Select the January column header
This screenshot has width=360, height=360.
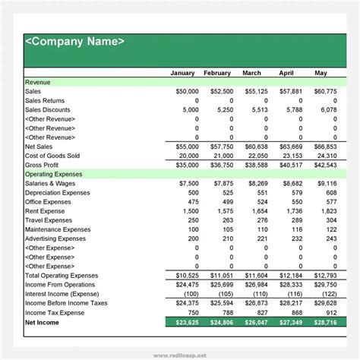(x=182, y=74)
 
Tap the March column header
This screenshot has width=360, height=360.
(x=251, y=74)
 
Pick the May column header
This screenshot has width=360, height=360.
(x=321, y=74)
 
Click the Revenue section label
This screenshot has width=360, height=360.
(x=39, y=83)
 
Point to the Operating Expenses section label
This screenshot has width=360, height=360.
(x=55, y=174)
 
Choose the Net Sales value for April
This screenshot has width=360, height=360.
(x=291, y=147)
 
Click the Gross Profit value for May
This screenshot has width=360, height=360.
(x=324, y=165)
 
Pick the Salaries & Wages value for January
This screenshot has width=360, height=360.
(x=186, y=183)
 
